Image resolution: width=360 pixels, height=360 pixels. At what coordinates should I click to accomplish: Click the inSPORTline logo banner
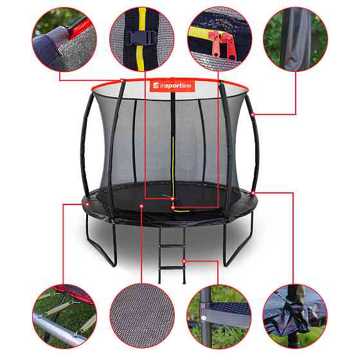click(172, 85)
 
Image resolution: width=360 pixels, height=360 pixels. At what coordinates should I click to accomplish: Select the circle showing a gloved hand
click(64, 39)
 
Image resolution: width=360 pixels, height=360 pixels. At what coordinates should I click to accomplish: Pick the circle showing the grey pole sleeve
click(296, 39)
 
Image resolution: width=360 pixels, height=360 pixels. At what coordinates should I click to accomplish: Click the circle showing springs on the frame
click(64, 316)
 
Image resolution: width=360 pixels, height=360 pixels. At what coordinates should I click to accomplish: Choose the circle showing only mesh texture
click(142, 316)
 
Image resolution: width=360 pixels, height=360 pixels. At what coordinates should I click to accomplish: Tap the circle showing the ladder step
click(219, 316)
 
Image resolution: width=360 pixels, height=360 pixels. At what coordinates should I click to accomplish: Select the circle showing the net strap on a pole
click(295, 316)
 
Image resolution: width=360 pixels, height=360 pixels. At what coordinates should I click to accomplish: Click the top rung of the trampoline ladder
click(172, 246)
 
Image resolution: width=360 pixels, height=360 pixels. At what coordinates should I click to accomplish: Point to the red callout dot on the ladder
click(184, 261)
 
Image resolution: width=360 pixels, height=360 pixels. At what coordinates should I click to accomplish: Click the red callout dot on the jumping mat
click(141, 206)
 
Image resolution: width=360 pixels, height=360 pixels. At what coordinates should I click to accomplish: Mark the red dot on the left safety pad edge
click(87, 204)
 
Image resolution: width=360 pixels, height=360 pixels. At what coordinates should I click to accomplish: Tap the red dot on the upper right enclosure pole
click(253, 114)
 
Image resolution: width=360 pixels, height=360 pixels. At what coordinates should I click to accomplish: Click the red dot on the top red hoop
click(122, 80)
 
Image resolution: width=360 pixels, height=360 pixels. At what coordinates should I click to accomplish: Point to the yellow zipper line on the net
click(171, 168)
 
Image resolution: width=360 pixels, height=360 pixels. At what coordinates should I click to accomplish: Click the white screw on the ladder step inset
click(203, 318)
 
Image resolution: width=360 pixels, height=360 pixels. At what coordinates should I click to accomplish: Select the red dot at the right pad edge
click(253, 193)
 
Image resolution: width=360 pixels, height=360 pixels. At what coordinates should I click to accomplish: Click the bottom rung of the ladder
click(172, 267)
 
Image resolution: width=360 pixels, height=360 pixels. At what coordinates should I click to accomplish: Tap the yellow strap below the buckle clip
click(141, 57)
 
